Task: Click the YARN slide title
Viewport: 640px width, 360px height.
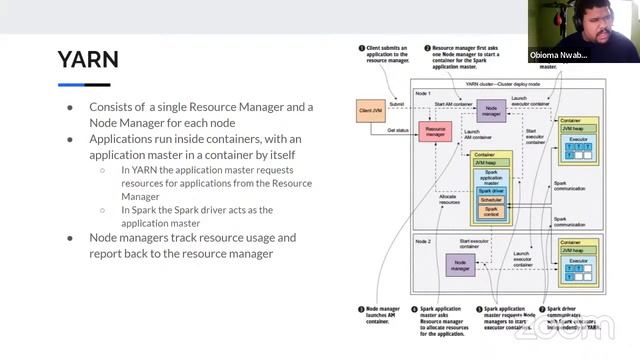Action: [88, 59]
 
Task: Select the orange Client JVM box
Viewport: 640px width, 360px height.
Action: [371, 111]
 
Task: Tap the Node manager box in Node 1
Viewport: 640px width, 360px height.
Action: [489, 110]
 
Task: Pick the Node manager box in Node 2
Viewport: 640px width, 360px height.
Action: [460, 265]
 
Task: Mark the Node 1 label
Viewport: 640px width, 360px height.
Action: [423, 92]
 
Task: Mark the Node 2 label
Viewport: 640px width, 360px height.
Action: [423, 241]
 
